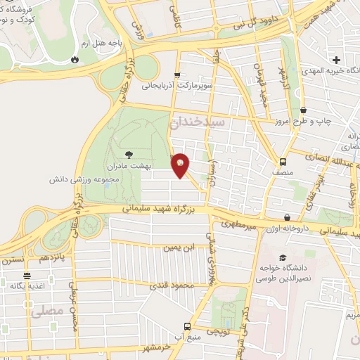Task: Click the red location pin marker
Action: coord(180,165)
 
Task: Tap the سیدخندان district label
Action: coord(199,122)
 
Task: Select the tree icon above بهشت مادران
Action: coord(127,155)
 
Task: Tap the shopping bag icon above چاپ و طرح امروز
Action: coord(304,110)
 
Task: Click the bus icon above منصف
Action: coord(283,159)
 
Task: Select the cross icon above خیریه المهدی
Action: coord(336,60)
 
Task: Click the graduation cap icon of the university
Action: coord(283,257)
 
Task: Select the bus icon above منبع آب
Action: coord(187,326)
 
